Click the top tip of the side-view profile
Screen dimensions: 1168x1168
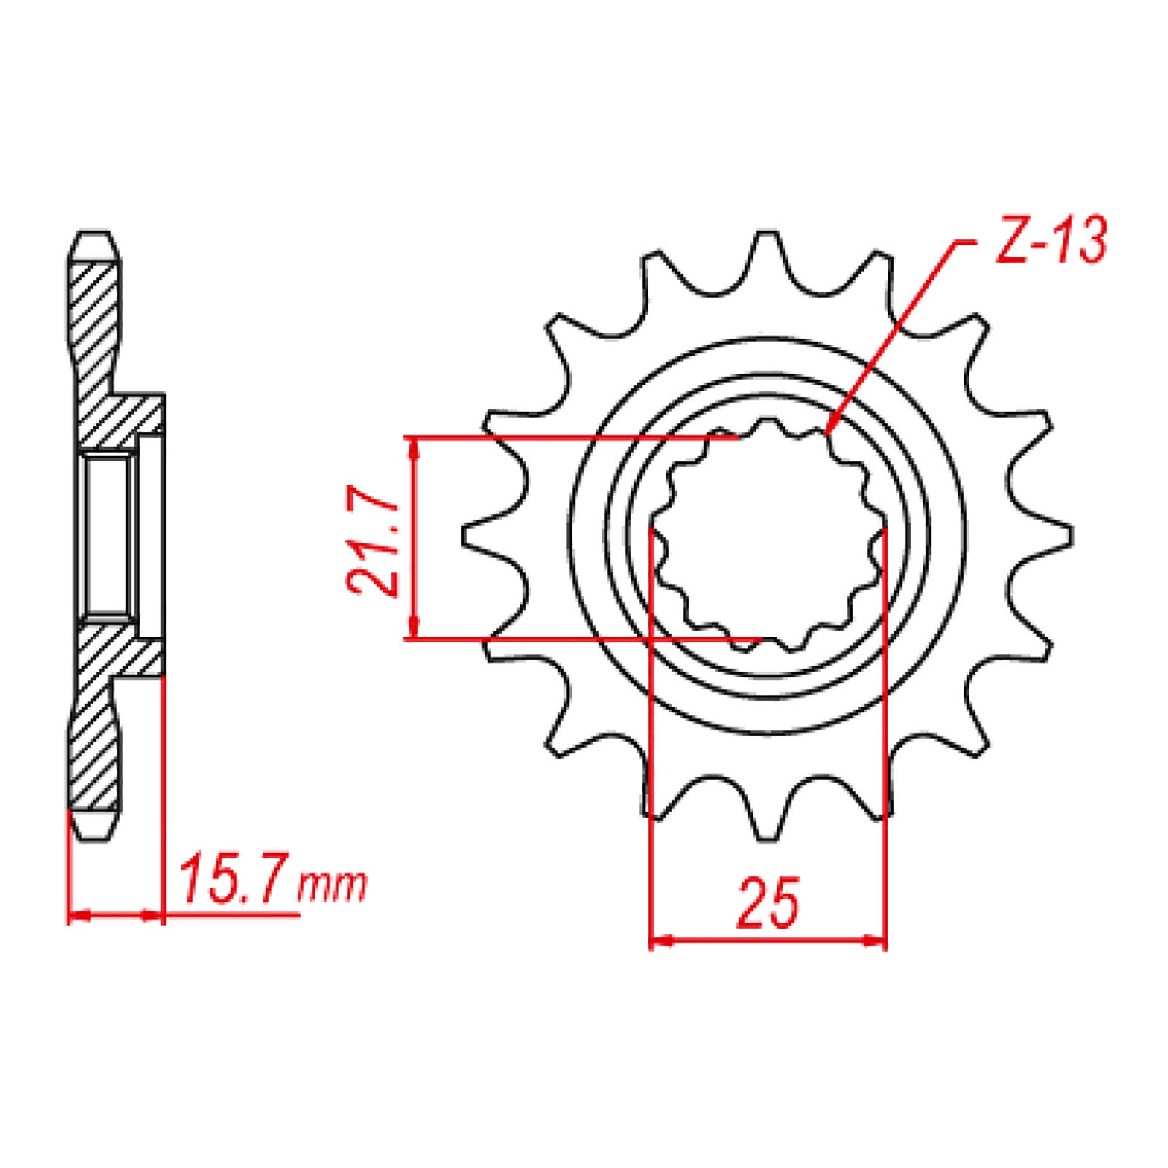[94, 237]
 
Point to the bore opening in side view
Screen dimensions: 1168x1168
[109, 537]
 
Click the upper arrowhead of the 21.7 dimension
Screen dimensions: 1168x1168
[414, 449]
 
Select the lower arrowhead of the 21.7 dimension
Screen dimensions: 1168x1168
[414, 628]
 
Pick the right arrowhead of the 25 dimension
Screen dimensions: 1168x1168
[875, 941]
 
